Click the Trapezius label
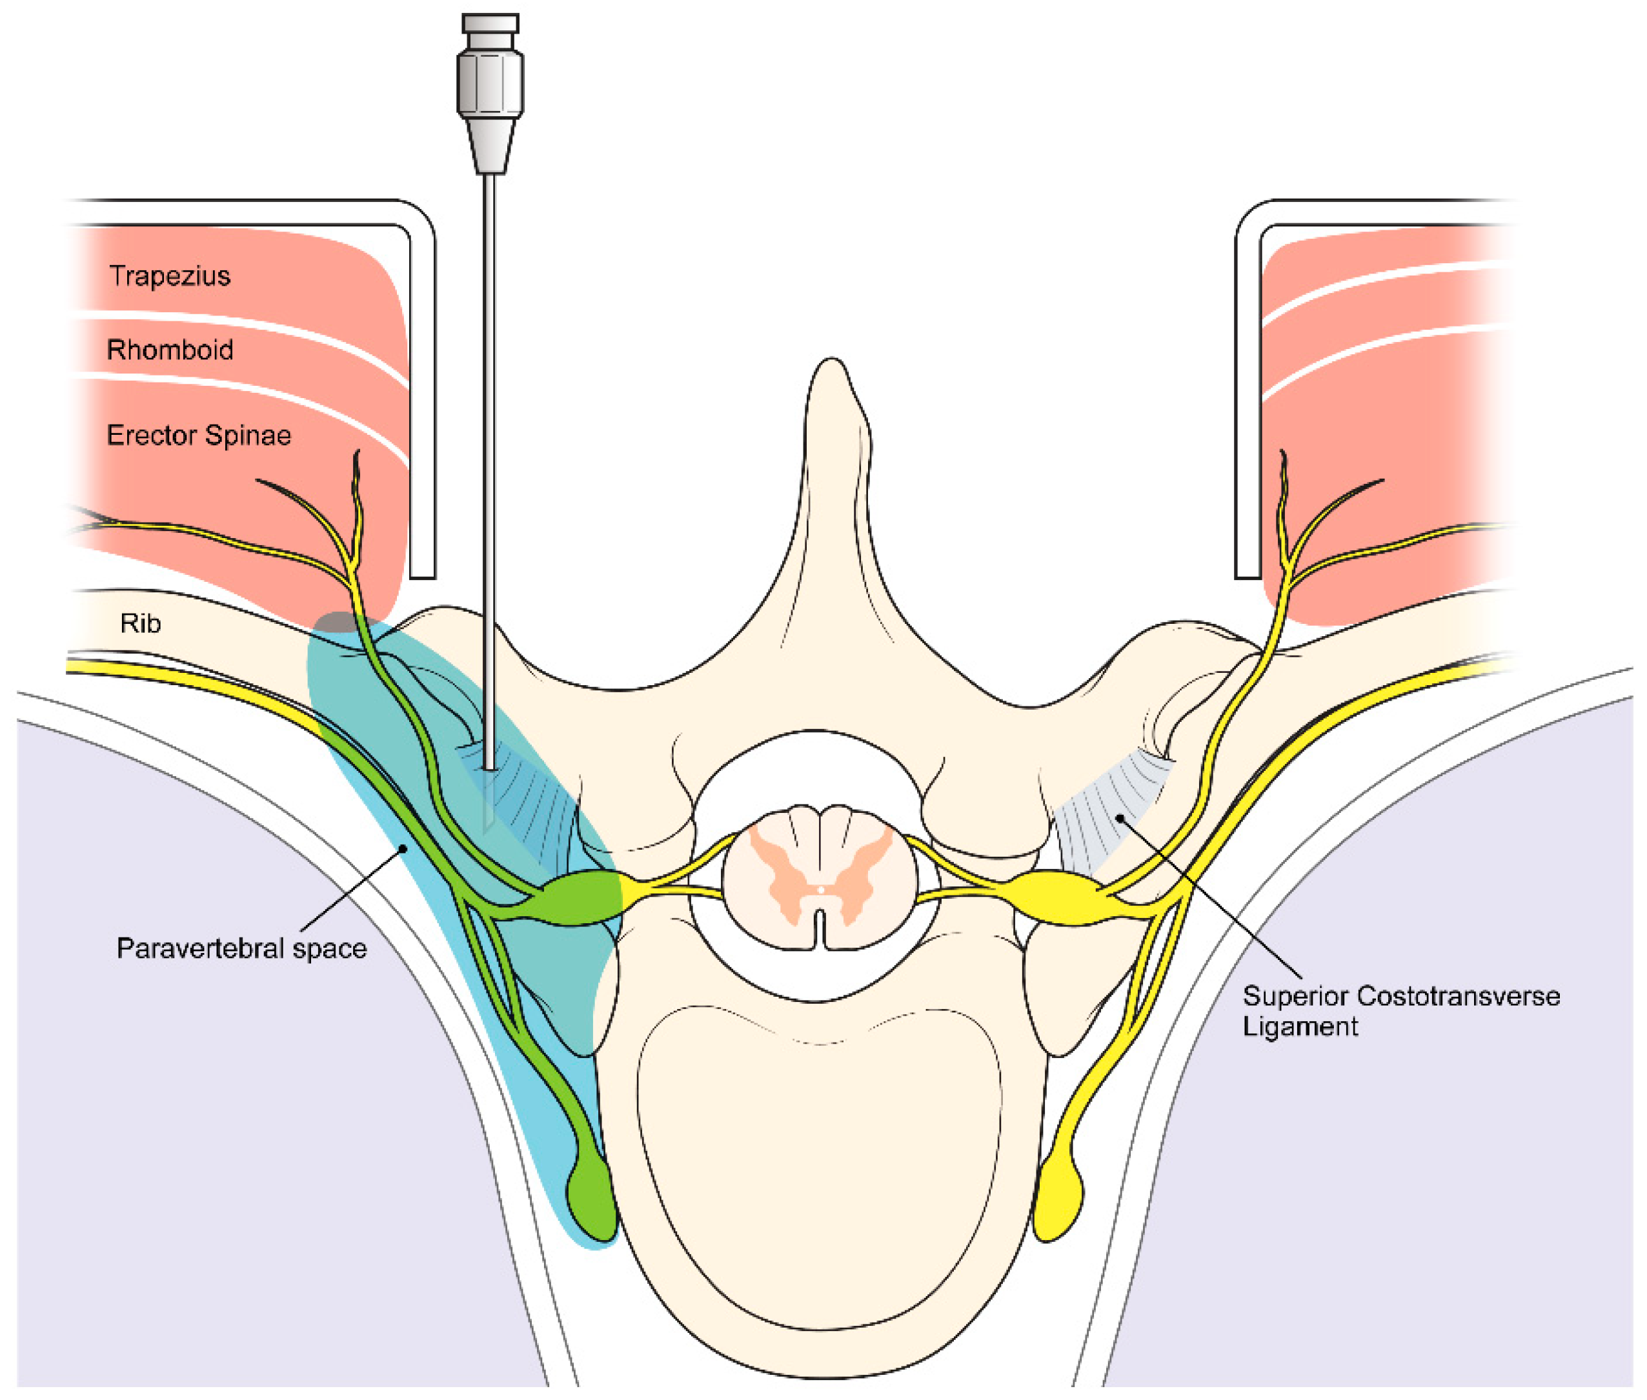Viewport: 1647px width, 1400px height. pyautogui.click(x=169, y=276)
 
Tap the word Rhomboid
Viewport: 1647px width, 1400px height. pyautogui.click(x=169, y=350)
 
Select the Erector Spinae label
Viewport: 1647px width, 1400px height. pyautogui.click(x=198, y=435)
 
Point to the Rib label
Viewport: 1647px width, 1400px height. pyautogui.click(x=141, y=623)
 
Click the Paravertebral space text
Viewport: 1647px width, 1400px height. pyautogui.click(x=241, y=948)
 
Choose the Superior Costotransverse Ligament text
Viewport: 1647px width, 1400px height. pyautogui.click(x=1400, y=1010)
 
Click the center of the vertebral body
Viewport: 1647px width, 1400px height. pyautogui.click(x=818, y=1151)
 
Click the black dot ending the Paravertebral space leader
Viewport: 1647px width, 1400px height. pyautogui.click(x=403, y=848)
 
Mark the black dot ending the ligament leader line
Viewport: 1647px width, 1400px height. pyautogui.click(x=1120, y=817)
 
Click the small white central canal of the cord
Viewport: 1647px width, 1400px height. pyautogui.click(x=820, y=890)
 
